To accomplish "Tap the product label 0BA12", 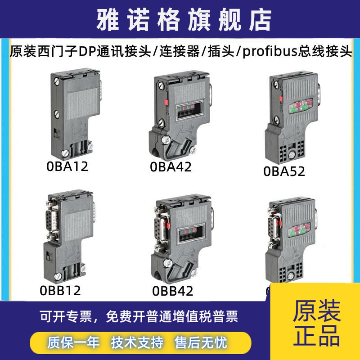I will pos(67,166).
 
